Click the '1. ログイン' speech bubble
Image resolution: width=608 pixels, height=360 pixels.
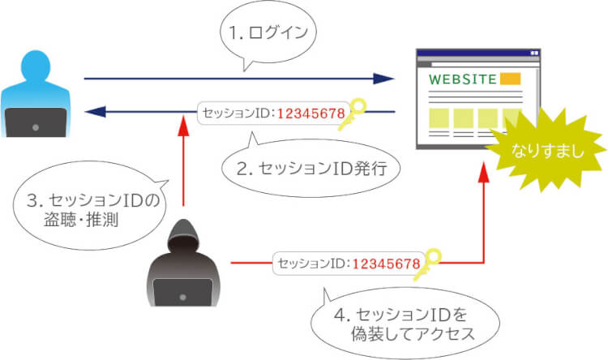[x=267, y=35]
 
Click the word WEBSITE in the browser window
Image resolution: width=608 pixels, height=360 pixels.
[x=462, y=79]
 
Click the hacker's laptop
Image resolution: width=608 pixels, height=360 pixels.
[x=182, y=289]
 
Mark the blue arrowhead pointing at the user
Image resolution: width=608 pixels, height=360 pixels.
[x=97, y=112]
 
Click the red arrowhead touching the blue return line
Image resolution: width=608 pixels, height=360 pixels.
[x=185, y=124]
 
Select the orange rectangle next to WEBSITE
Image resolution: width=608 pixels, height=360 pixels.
[x=510, y=79]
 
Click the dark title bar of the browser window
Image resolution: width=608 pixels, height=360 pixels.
[x=477, y=53]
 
